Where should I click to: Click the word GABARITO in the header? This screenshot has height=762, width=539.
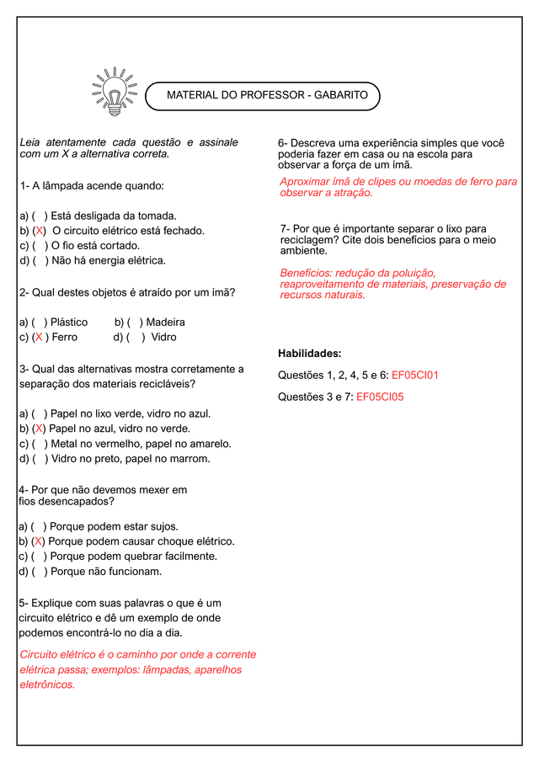click(340, 95)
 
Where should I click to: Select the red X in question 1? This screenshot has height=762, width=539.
click(39, 231)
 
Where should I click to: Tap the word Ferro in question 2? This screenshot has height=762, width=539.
click(64, 337)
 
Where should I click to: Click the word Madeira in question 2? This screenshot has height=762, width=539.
click(165, 322)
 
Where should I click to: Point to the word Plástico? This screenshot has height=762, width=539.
click(69, 322)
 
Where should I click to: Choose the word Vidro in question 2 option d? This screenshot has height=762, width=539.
click(163, 337)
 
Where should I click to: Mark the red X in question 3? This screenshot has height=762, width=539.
click(39, 429)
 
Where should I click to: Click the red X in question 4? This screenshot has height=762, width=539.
click(39, 541)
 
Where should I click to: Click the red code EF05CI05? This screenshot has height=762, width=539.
click(380, 397)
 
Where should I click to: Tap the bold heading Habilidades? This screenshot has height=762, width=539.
click(309, 353)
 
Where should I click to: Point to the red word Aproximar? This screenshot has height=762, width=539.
click(307, 182)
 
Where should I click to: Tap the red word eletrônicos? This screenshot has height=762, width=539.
click(47, 685)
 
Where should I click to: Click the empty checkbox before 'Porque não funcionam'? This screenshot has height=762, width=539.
click(40, 572)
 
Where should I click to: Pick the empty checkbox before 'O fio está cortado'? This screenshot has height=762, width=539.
click(40, 246)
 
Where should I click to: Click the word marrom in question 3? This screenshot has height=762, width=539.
click(191, 459)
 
